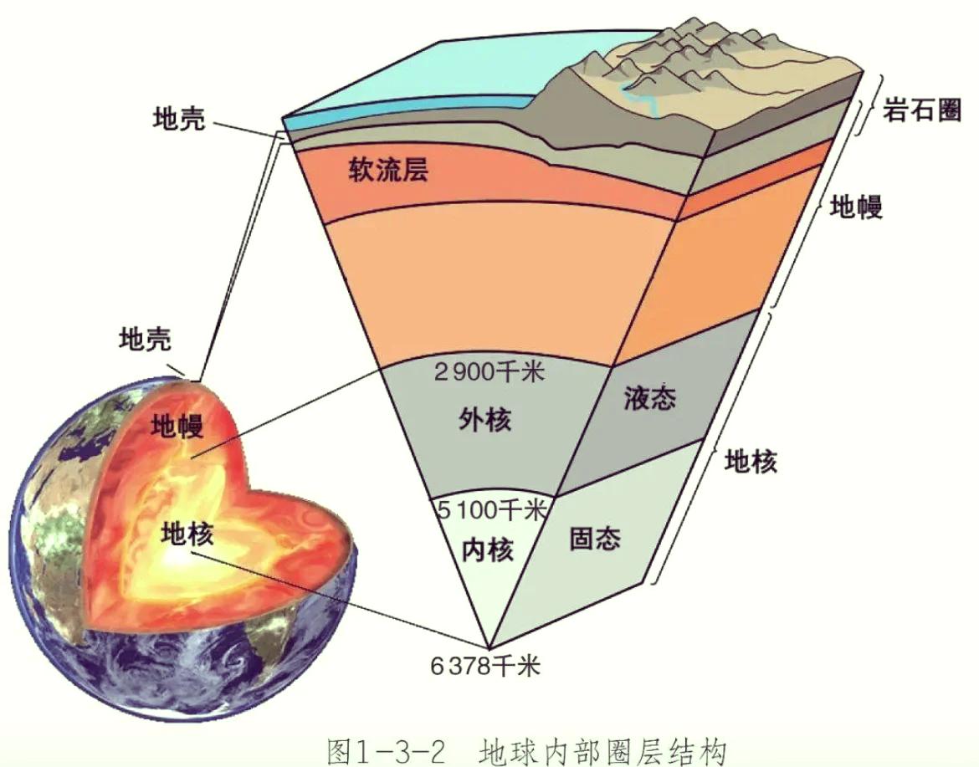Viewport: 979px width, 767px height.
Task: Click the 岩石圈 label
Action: click(x=921, y=111)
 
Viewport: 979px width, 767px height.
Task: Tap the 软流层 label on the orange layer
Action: click(x=388, y=169)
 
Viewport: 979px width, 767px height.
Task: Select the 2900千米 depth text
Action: click(x=489, y=372)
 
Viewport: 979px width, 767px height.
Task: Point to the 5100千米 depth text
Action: click(x=491, y=510)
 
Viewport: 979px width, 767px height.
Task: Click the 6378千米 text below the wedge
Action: click(x=485, y=666)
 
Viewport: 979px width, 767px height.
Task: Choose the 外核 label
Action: click(x=485, y=419)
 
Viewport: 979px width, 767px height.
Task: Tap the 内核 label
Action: click(x=488, y=550)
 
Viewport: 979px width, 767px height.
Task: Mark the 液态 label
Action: click(x=650, y=397)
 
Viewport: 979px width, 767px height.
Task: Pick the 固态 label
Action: click(x=595, y=538)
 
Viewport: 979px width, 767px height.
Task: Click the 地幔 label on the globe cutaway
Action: click(x=177, y=427)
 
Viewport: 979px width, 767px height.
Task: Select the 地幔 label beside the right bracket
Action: click(x=856, y=205)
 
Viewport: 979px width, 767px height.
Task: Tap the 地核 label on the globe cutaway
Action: click(x=187, y=534)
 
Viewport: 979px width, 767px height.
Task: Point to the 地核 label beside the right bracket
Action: click(x=751, y=461)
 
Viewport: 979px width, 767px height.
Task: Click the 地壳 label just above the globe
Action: click(x=145, y=339)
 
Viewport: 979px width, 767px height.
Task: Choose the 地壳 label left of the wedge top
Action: click(x=179, y=118)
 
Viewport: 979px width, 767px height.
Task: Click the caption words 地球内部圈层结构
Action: click(x=603, y=751)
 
